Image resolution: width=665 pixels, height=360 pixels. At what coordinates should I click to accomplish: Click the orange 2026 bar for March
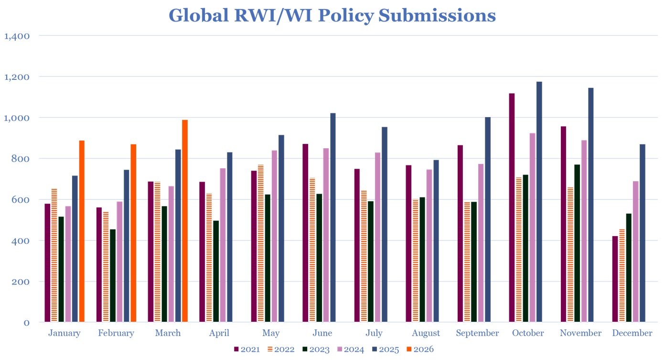tap(185, 220)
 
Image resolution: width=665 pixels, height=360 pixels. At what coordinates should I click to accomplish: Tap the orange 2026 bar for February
tap(133, 232)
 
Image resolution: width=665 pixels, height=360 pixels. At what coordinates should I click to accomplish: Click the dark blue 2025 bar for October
tap(539, 201)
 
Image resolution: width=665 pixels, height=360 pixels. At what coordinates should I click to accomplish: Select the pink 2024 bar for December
tap(635, 251)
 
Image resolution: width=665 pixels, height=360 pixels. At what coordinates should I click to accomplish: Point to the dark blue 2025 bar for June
tap(333, 217)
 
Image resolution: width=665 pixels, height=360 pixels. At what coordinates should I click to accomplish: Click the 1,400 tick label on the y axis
tap(17, 36)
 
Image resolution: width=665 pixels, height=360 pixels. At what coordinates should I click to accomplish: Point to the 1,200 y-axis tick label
tap(17, 77)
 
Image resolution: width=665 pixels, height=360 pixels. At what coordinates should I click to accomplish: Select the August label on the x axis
tap(426, 333)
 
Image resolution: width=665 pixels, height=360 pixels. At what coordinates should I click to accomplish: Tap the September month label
tap(477, 333)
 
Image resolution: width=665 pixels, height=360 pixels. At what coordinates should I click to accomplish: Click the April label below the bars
tap(219, 333)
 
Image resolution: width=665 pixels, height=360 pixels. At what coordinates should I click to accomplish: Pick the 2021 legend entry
tap(248, 349)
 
